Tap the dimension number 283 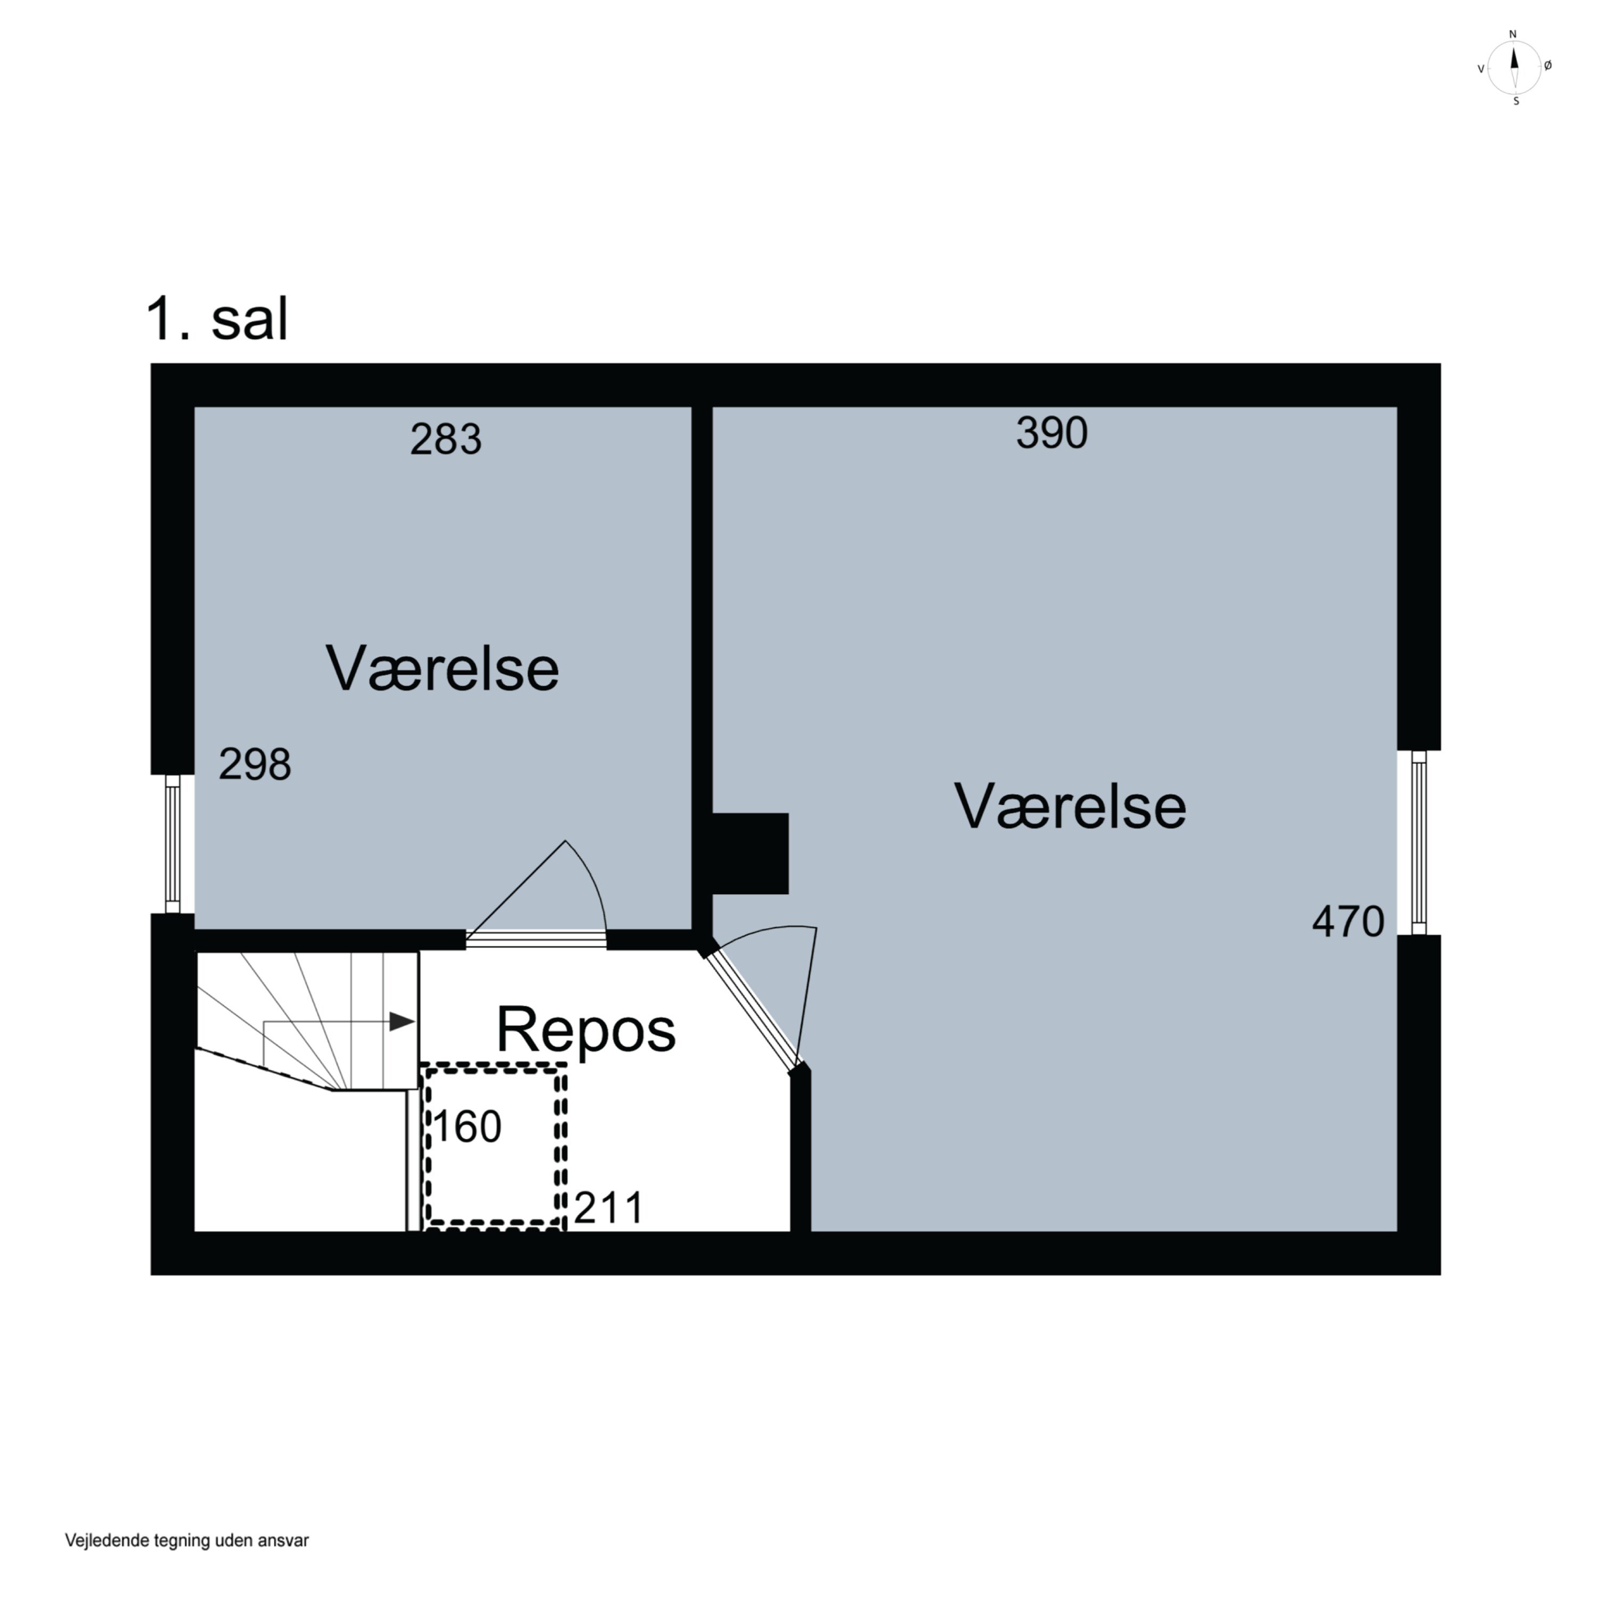tap(446, 439)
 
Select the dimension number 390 tap(1051, 433)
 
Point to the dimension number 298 tap(255, 764)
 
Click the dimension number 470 tap(1348, 922)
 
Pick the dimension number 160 tap(467, 1127)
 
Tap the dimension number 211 tap(609, 1209)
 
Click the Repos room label tap(585, 1031)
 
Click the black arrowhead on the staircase tap(402, 1022)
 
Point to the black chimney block tap(750, 853)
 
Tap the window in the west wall tap(172, 844)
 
